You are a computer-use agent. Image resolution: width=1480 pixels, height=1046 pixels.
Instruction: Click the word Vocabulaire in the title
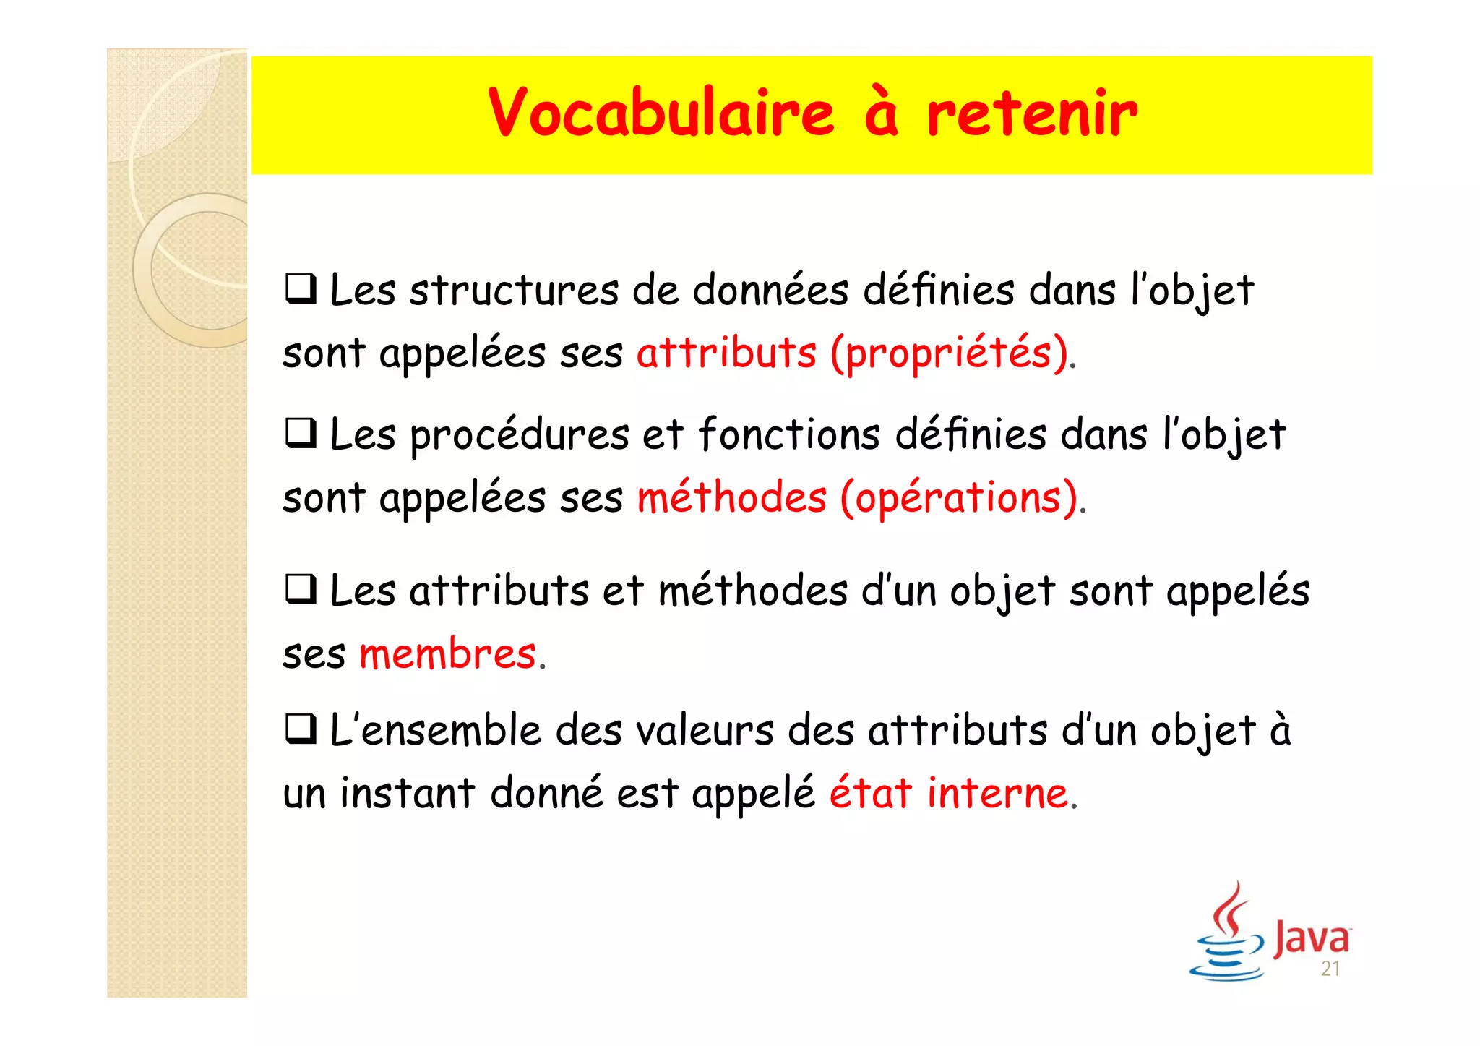(661, 113)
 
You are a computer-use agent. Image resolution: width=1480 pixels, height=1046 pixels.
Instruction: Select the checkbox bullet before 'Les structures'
(301, 289)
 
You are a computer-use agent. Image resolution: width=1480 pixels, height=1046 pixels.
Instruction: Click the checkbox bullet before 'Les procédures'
(301, 434)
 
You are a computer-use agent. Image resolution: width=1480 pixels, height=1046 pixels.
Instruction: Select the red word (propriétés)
(949, 354)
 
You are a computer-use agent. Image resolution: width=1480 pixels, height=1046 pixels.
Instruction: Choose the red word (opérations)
(959, 499)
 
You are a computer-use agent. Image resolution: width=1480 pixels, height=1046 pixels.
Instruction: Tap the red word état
(870, 792)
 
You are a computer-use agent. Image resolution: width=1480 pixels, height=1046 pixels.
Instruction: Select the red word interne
(998, 794)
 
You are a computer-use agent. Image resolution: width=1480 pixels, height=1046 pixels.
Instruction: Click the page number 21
(1330, 969)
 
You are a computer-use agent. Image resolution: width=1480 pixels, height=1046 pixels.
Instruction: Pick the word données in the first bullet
(770, 291)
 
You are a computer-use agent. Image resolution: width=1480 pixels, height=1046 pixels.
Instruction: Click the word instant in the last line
(408, 793)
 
